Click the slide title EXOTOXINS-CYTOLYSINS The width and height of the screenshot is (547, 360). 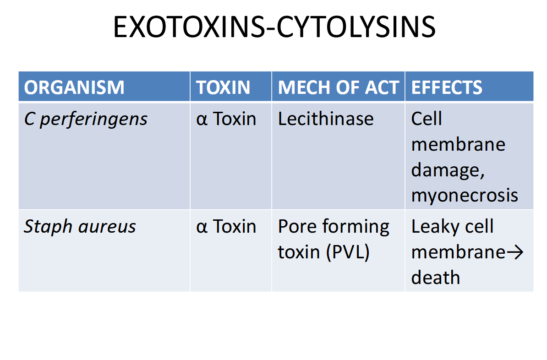274,27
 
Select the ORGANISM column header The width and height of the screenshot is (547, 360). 74,87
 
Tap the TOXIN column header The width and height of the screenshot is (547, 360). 223,87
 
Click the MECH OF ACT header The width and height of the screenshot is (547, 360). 338,87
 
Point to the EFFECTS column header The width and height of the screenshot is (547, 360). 447,87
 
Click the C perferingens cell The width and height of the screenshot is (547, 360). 86,119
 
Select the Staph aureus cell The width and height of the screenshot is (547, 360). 80,227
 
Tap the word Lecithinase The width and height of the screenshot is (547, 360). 325,119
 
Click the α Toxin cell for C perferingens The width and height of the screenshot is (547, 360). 226,119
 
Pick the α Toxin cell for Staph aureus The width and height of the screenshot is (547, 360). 226,226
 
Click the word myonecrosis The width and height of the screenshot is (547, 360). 465,196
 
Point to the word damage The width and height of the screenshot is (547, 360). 448,170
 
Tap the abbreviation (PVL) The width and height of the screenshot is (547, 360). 348,252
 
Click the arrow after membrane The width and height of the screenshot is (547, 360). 514,252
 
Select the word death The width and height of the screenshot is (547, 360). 435,277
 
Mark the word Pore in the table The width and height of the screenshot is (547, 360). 298,226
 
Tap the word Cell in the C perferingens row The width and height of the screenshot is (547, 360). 427,119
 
